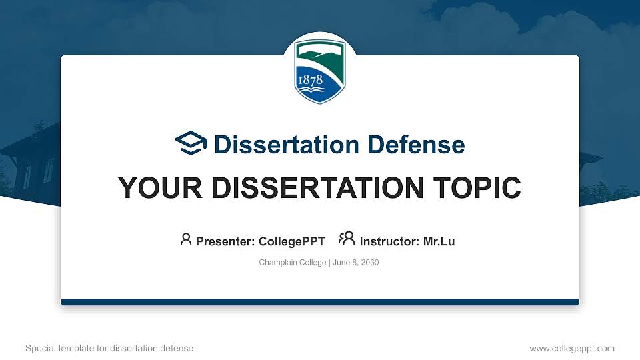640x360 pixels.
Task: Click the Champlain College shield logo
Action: (x=320, y=71)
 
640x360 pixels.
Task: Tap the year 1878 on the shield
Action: (x=311, y=80)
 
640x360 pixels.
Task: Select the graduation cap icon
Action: (x=191, y=143)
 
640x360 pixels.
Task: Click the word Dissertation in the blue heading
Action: (x=287, y=145)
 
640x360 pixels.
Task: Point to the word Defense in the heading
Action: (x=416, y=145)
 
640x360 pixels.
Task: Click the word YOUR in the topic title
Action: (x=160, y=188)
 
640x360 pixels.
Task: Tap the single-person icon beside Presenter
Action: (x=186, y=239)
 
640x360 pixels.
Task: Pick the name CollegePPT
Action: (x=292, y=241)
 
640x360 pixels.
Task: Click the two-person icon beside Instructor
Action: (x=347, y=239)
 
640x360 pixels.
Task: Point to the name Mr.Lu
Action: (x=439, y=241)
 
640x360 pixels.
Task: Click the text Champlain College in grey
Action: (x=293, y=263)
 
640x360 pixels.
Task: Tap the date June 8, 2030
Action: (x=356, y=263)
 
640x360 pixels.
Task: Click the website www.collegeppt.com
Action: (x=572, y=348)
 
